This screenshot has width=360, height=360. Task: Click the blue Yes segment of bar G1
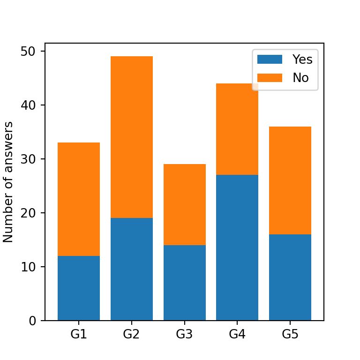point(79,288)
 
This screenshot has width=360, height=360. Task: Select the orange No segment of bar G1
point(79,199)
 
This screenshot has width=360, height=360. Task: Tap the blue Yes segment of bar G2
point(132,270)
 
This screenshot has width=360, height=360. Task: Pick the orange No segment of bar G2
point(132,137)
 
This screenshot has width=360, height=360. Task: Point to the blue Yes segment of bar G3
point(185,283)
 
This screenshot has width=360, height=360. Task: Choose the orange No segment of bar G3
point(185,204)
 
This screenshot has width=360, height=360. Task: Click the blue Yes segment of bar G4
point(237,247)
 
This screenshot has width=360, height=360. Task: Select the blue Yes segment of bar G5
point(290,277)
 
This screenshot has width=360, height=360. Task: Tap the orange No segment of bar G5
point(290,180)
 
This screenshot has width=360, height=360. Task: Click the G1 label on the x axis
point(79,334)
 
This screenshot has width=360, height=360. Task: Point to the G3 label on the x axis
point(185,334)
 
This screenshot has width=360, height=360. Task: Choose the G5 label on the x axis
point(290,334)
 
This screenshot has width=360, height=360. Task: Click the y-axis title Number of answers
point(8,182)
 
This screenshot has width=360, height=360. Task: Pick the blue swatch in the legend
point(270,60)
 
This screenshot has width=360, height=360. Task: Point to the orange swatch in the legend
point(270,78)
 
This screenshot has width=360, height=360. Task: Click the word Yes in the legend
point(302,60)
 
